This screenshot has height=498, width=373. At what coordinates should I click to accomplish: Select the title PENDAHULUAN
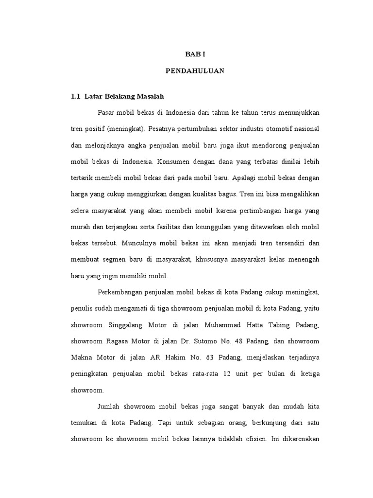pos(194,71)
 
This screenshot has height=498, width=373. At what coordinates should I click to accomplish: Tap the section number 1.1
pos(75,96)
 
